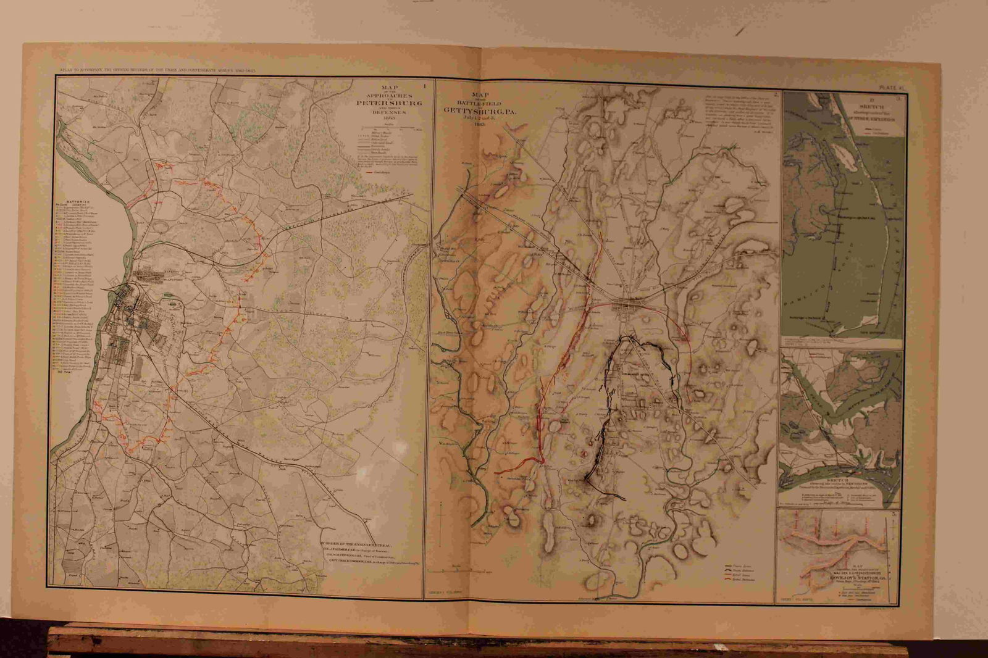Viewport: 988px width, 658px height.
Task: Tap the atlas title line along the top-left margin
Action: pos(154,70)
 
